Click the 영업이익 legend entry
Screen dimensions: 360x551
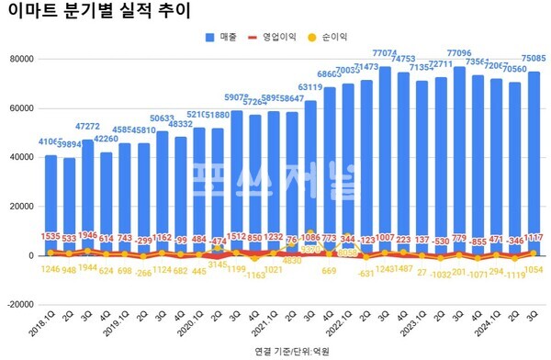point(278,38)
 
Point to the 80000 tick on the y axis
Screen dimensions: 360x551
point(18,59)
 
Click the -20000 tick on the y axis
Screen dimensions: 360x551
point(17,306)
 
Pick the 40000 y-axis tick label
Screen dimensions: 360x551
point(18,157)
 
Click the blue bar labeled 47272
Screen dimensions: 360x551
point(87,193)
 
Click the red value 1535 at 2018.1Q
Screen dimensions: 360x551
point(51,237)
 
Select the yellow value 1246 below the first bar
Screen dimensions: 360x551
point(51,270)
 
